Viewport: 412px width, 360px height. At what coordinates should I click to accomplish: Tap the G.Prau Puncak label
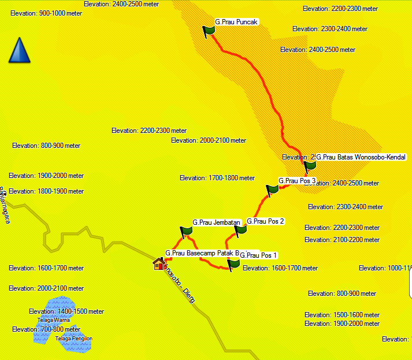[x=236, y=22]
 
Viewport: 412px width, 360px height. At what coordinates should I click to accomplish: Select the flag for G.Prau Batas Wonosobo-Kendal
[x=310, y=166]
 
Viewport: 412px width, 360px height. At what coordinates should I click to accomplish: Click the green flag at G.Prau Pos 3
[x=272, y=190]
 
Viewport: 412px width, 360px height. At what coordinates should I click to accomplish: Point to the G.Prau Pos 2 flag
[x=241, y=230]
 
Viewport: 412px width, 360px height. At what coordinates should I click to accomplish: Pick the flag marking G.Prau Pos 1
[x=233, y=265]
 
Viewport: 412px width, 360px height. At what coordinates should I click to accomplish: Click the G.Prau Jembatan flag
[x=186, y=232]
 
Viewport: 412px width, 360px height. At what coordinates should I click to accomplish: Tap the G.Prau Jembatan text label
[x=216, y=222]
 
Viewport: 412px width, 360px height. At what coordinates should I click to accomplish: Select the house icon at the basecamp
[x=159, y=264]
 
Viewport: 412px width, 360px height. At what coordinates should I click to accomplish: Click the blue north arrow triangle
[x=19, y=50]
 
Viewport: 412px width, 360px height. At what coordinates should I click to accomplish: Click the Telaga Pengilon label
[x=73, y=339]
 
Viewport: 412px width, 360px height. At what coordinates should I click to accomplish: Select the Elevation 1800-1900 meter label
[x=46, y=191]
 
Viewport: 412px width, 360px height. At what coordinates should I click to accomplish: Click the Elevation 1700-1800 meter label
[x=217, y=178]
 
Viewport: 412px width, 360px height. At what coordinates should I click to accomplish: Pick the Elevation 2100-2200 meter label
[x=342, y=240]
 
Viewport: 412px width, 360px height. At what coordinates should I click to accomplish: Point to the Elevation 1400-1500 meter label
[x=66, y=311]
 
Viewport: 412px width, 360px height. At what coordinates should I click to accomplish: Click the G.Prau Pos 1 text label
[x=258, y=255]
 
